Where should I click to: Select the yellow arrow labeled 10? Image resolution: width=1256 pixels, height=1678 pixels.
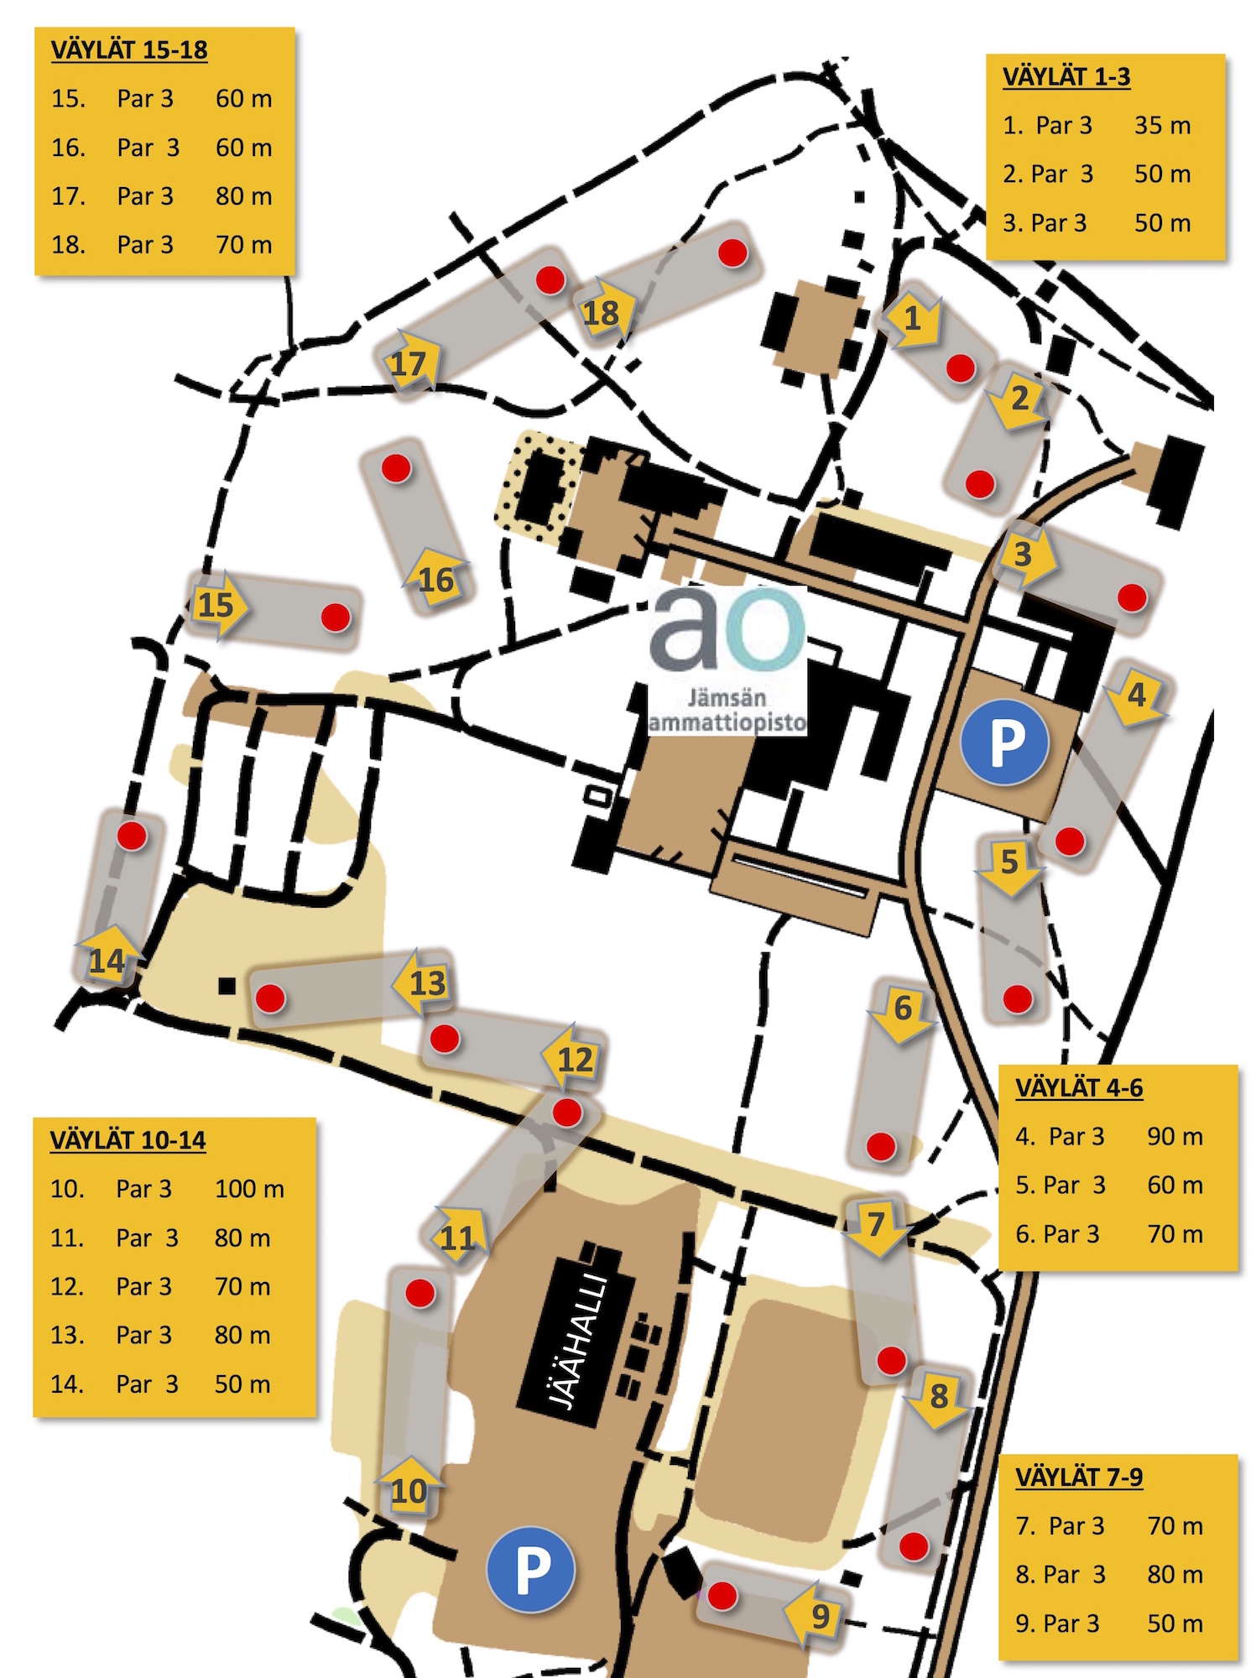[x=409, y=1490]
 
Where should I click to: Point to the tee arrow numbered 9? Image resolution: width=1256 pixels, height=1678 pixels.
[x=817, y=1614]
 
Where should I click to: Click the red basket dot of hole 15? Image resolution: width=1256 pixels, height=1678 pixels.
[x=336, y=618]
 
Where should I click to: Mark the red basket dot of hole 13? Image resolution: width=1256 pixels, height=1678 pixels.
[x=270, y=998]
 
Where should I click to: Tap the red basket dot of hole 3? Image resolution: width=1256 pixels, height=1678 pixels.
[x=1132, y=597]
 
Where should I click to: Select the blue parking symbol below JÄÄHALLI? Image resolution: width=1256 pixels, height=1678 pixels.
[x=531, y=1569]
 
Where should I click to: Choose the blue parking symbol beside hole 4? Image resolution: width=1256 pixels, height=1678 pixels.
[x=1005, y=743]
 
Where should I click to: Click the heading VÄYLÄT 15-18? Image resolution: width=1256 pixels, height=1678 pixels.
[x=129, y=50]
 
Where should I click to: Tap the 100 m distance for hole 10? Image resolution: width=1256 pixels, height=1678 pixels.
[x=249, y=1189]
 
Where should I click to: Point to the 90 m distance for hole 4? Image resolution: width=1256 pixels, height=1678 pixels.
[x=1175, y=1137]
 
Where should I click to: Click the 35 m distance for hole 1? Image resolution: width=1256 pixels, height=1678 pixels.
[x=1162, y=126]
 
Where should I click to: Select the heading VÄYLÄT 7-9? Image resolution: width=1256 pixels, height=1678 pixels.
[x=1079, y=1477]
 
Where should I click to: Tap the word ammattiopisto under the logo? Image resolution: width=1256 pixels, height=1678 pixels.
[x=727, y=722]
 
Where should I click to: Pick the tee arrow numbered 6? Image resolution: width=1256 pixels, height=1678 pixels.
[x=902, y=1009]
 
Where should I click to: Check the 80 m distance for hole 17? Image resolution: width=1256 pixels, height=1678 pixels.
[x=243, y=196]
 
